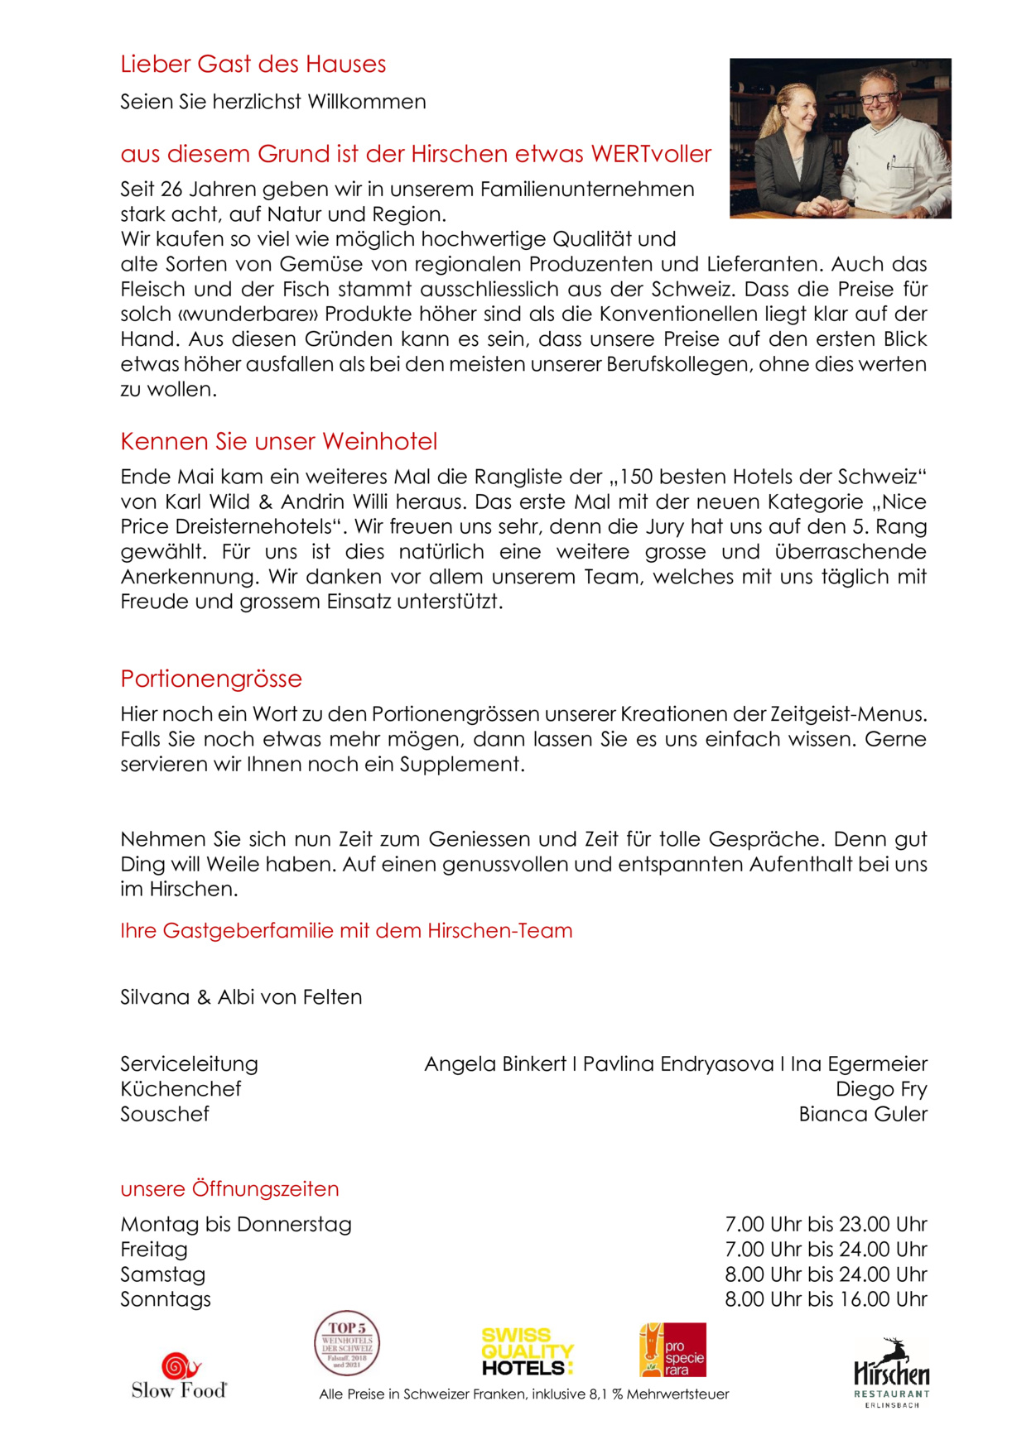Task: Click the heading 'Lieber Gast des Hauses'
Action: pos(253,64)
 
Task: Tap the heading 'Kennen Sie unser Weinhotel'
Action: pos(278,441)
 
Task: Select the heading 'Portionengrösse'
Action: pos(211,679)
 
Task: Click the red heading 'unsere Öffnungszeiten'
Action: pos(229,1189)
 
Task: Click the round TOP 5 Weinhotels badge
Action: pos(347,1343)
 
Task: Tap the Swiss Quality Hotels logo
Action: pos(528,1351)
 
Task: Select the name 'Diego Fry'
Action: pos(881,1089)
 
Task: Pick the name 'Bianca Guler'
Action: pos(863,1114)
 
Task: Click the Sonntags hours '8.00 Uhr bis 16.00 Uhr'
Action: pos(826,1299)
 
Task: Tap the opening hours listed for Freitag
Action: pos(826,1249)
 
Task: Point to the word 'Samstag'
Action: pos(162,1274)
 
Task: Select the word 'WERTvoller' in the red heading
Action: pos(651,154)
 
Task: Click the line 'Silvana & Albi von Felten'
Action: pos(241,997)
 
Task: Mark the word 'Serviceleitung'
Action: pos(189,1064)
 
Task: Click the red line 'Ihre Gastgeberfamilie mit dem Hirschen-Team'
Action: pos(346,931)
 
